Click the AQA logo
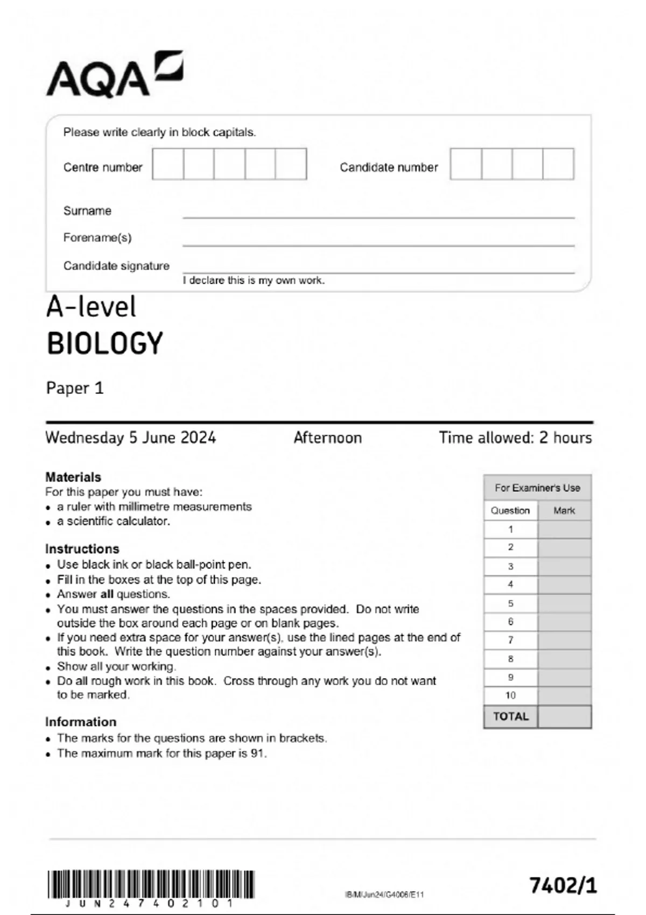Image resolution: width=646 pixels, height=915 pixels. pos(114,75)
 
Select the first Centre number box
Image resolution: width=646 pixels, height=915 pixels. pos(168,164)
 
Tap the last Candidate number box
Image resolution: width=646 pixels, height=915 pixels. pos(558,164)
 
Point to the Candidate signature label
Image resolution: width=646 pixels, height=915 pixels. pos(116,266)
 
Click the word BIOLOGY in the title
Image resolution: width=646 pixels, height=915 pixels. pos(105,343)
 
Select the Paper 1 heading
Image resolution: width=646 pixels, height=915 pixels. pos(75,388)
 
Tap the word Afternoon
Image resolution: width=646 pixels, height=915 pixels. pos(327,438)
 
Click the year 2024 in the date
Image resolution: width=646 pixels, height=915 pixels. pos(198,437)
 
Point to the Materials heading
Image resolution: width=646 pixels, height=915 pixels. pos(73,477)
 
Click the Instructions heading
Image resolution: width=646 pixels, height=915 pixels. pos(82,549)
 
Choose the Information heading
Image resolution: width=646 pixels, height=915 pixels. pos(81,722)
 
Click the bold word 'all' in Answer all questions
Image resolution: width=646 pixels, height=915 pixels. pos(107,594)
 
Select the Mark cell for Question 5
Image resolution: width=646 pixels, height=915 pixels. pos(564,603)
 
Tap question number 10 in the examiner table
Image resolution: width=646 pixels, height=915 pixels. pos(510,695)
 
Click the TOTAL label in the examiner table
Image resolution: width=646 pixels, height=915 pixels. pos(511,716)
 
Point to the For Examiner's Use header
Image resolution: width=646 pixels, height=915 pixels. pos(537,488)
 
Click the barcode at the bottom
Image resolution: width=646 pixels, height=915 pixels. pos(151,885)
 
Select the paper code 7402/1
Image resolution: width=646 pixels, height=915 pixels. pos(563,885)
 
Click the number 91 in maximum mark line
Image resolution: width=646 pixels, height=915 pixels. pos(258,754)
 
